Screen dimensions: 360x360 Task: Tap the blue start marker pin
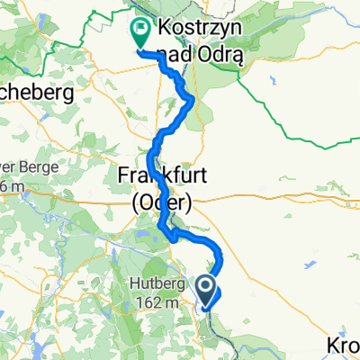coord(207,290)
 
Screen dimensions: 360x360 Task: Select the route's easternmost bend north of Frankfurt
coord(192,105)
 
